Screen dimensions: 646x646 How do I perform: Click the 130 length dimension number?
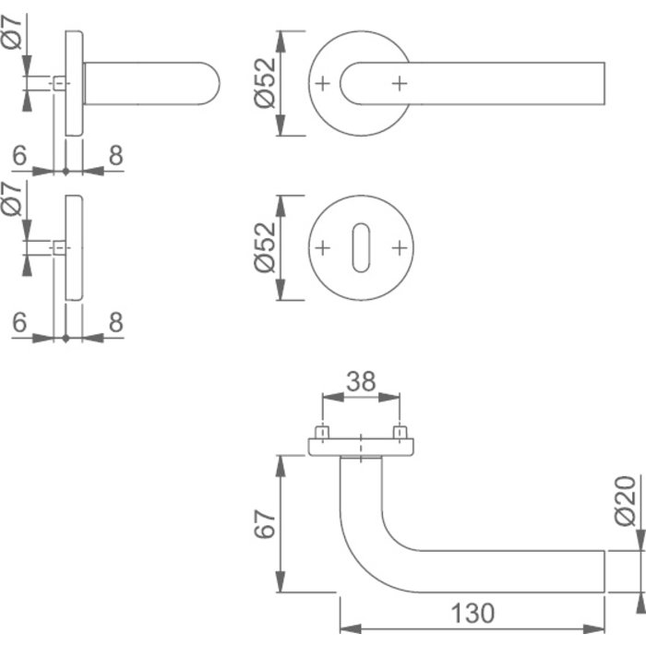click(473, 612)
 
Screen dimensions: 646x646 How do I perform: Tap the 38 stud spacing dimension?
click(361, 381)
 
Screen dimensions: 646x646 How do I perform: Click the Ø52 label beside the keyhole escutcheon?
click(264, 248)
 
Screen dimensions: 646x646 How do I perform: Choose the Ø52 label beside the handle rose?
click(264, 84)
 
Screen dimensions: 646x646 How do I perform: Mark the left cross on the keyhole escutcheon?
click(322, 248)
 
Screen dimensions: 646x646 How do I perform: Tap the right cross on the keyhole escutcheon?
click(399, 248)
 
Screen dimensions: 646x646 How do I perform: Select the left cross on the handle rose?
click(322, 84)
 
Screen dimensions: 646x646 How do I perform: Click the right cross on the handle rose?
click(399, 84)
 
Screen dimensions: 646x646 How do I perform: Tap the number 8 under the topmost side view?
click(114, 157)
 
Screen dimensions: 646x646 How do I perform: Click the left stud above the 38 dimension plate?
click(322, 432)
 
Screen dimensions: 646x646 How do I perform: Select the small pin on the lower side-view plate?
click(59, 248)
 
